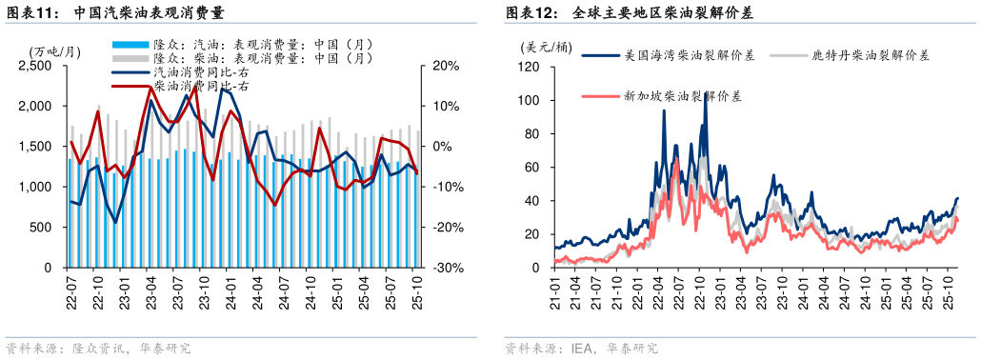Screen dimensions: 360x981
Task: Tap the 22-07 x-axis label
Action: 72,289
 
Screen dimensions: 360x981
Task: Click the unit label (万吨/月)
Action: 55,50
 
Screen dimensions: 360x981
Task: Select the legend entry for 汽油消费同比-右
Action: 201,72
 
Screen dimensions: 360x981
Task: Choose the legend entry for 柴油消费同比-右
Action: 201,86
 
